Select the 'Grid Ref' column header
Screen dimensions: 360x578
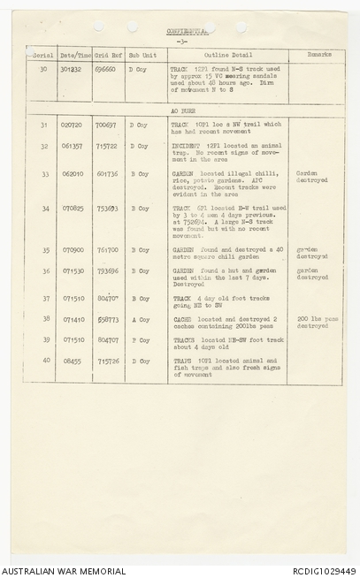[x=108, y=54]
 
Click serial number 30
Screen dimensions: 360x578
[x=43, y=68]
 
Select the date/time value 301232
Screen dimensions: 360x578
[x=71, y=68]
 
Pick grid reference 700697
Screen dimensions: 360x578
[x=106, y=125]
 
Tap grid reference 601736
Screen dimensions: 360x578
[x=107, y=174]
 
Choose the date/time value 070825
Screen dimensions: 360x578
[x=72, y=209]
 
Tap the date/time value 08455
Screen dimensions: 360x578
[x=72, y=361]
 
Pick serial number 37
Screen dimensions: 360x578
[x=43, y=298]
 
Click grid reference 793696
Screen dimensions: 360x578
[x=107, y=271]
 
